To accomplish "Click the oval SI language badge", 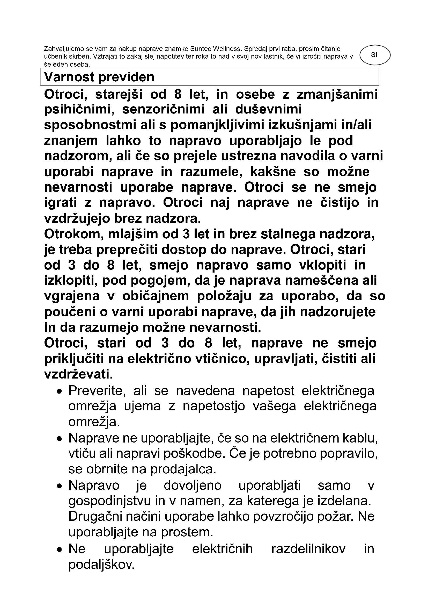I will coord(374,55).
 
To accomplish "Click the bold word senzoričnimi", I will coord(163,110).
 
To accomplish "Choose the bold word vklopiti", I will coord(323,265).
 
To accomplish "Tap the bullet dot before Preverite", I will coord(60,391).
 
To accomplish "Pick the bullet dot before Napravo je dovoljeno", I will coord(60,486).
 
